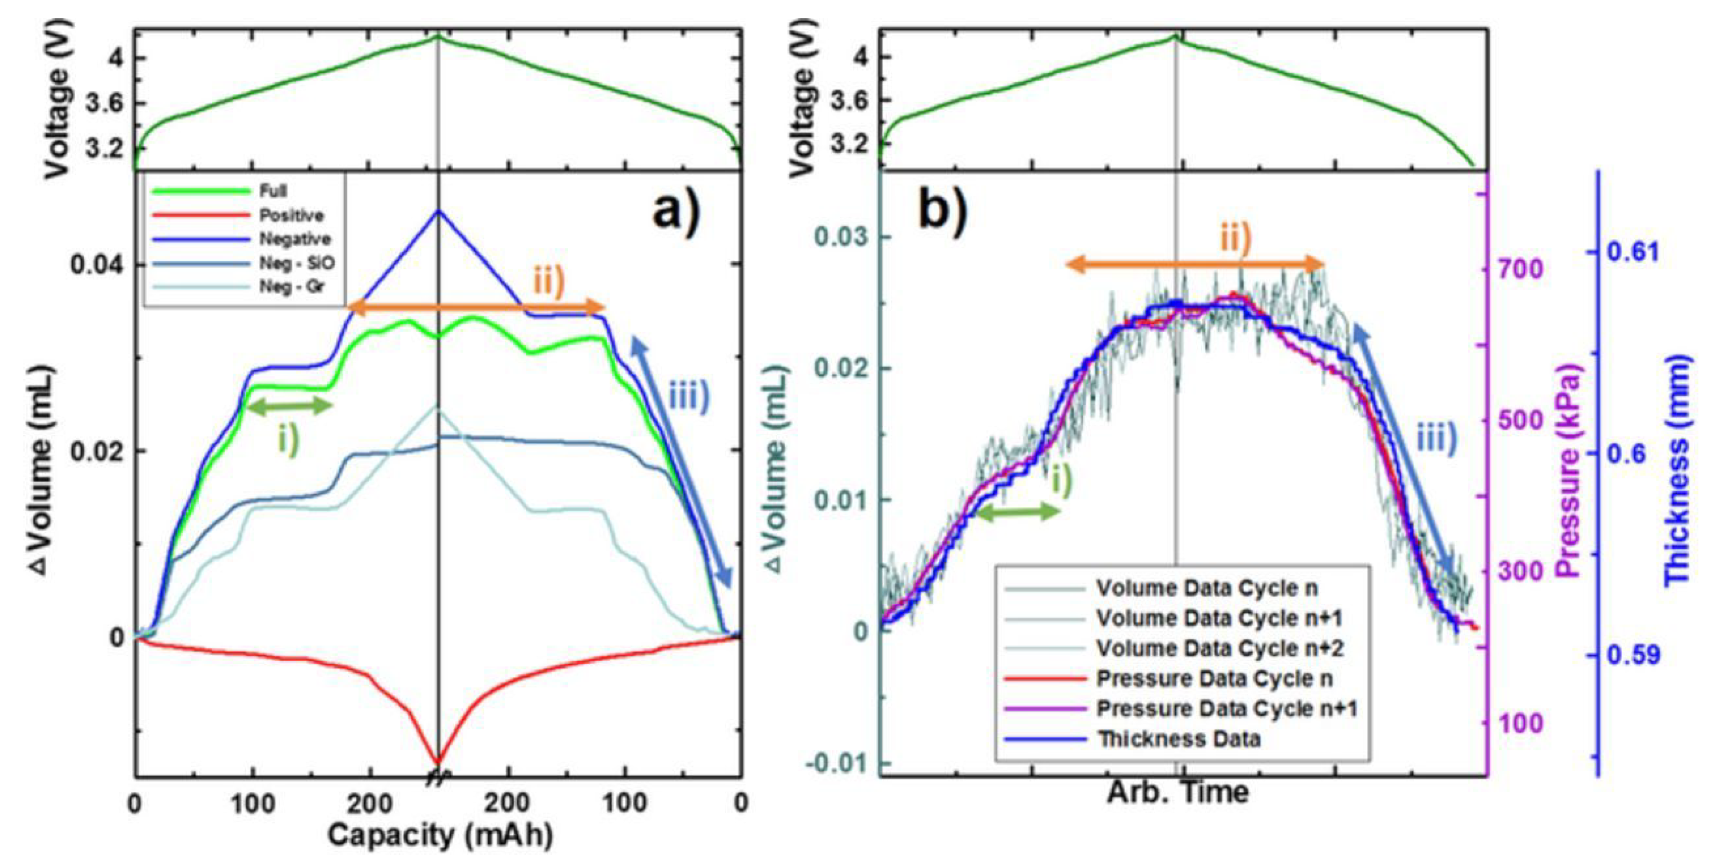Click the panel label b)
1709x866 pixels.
point(942,211)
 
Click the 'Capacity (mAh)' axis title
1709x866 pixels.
point(439,835)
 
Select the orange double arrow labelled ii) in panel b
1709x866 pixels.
point(1194,265)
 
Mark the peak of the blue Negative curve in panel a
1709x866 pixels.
point(437,211)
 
